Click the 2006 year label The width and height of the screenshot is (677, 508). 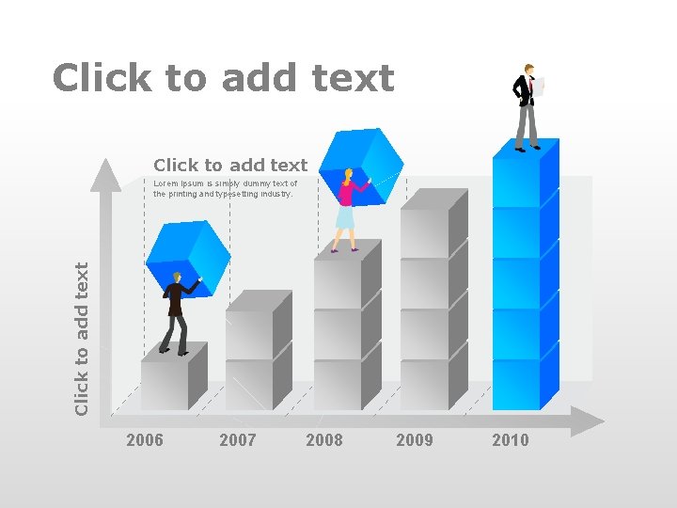tap(144, 440)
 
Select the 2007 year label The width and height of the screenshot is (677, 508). tap(237, 440)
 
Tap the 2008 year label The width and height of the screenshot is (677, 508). tap(324, 440)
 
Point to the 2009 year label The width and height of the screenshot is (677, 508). tap(415, 440)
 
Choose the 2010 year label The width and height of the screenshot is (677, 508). tap(511, 440)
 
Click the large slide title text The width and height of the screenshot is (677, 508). tap(223, 78)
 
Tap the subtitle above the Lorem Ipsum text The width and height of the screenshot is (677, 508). tap(230, 166)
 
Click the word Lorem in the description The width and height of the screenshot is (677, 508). tap(165, 184)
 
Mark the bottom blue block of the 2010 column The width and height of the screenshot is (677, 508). tap(516, 384)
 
